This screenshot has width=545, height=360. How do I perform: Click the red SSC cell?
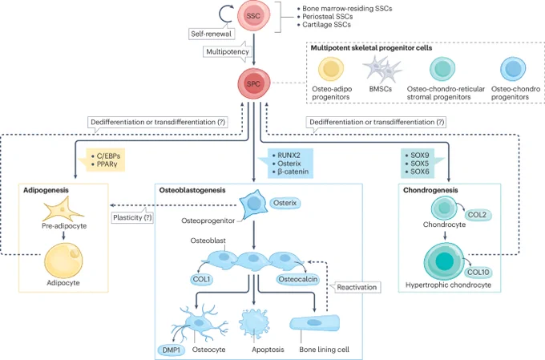[253, 16]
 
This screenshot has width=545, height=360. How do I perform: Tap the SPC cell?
[254, 84]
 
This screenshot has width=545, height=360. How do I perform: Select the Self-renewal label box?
[212, 34]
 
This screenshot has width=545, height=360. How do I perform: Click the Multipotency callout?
[228, 52]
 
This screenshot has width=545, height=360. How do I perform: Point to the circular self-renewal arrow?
[225, 14]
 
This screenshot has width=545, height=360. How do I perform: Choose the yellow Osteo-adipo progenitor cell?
[331, 69]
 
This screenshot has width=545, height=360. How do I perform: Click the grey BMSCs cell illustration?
[381, 69]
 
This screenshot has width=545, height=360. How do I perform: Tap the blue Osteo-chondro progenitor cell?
[513, 69]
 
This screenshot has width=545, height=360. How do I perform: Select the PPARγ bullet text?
[107, 164]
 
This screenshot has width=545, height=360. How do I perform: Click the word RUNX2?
[289, 155]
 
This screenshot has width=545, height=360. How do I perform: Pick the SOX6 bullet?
[420, 172]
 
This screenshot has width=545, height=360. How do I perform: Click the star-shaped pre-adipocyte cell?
[63, 208]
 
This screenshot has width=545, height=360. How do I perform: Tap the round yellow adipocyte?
[63, 261]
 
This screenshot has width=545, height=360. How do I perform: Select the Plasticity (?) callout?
[132, 217]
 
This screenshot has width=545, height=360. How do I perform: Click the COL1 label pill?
[202, 279]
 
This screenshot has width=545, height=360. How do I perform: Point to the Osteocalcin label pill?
[298, 279]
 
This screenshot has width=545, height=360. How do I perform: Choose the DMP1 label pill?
[172, 350]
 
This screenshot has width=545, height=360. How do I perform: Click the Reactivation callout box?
[357, 287]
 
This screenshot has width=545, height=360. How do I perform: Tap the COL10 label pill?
[478, 272]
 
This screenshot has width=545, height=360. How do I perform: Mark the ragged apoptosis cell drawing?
[254, 322]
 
